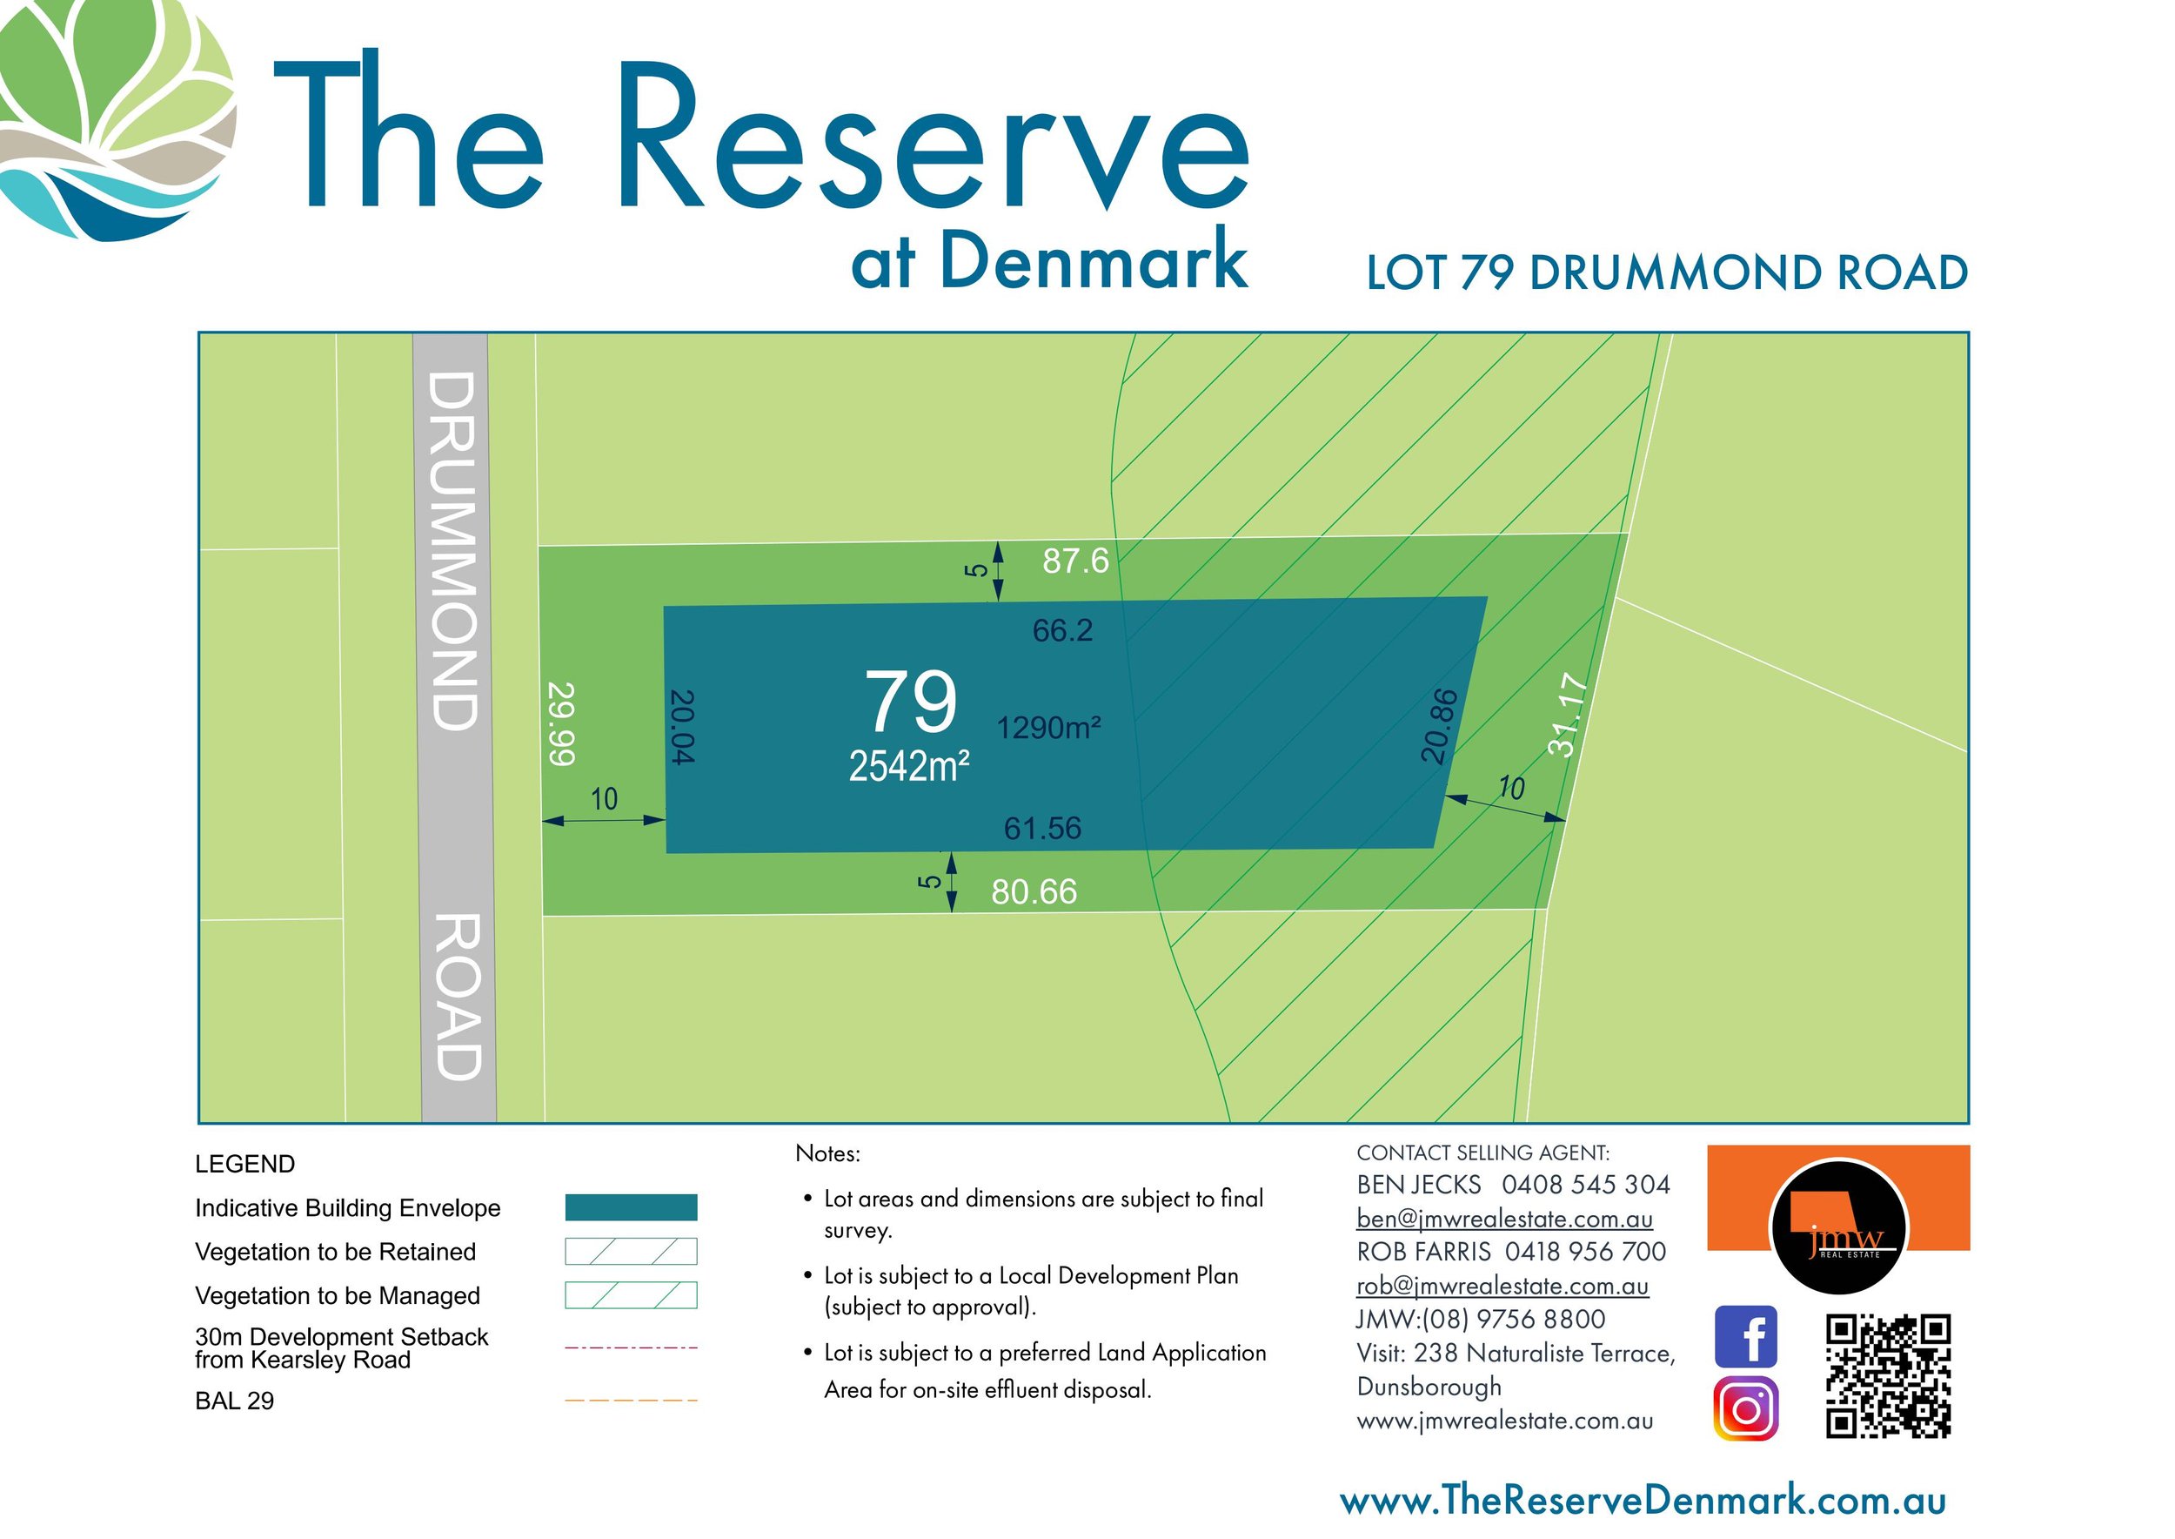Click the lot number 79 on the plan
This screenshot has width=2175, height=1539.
[910, 702]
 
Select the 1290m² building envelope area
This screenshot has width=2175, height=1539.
[1047, 728]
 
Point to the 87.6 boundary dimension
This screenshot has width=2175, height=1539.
[1075, 561]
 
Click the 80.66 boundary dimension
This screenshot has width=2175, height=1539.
[1034, 891]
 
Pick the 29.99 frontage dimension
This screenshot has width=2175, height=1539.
[561, 723]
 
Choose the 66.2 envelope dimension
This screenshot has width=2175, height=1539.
[1062, 630]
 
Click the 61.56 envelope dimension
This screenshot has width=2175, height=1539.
[1042, 828]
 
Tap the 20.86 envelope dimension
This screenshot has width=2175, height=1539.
[1439, 726]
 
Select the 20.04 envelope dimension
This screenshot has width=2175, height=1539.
[681, 726]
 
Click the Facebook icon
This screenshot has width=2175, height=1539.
[1745, 1336]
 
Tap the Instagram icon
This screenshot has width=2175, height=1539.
[1745, 1409]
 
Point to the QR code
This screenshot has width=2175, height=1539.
[1888, 1375]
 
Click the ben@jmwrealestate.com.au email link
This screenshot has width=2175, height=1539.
[1504, 1219]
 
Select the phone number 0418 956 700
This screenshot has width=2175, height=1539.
[1585, 1252]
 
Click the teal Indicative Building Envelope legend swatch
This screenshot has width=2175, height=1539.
[631, 1207]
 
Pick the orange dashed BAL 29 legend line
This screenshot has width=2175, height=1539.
[631, 1400]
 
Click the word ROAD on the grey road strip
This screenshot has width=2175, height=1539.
[458, 996]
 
